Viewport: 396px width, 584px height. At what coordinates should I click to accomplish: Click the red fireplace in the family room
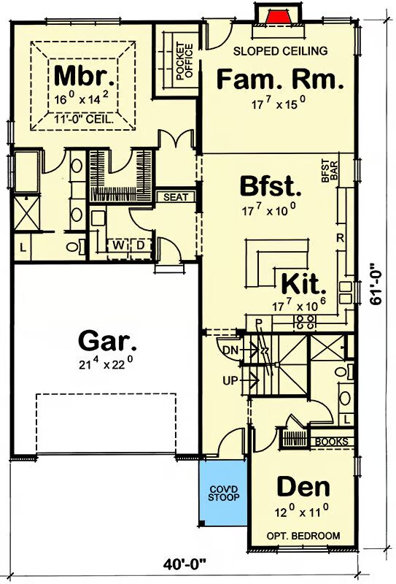(x=279, y=18)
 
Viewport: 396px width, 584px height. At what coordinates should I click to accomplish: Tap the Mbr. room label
(x=84, y=76)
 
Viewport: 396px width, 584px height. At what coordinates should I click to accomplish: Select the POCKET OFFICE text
(x=185, y=61)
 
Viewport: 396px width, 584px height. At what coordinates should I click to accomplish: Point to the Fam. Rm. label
(x=280, y=80)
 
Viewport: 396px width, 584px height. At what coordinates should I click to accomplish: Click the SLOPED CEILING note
(x=280, y=50)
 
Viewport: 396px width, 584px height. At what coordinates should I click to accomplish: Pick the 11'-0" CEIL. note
(x=84, y=120)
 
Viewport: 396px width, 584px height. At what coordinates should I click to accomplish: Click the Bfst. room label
(x=271, y=186)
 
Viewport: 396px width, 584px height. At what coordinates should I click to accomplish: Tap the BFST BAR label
(x=330, y=171)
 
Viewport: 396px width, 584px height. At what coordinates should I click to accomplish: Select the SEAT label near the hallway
(x=176, y=196)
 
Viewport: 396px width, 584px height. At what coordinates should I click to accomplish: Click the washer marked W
(x=118, y=245)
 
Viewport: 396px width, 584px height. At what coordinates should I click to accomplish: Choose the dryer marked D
(x=140, y=245)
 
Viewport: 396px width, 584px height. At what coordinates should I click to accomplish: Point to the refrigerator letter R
(x=340, y=238)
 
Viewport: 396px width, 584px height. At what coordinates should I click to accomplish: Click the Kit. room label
(x=303, y=284)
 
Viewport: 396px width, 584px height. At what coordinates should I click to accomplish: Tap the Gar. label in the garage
(x=107, y=341)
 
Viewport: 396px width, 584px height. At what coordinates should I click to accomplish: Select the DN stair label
(x=230, y=350)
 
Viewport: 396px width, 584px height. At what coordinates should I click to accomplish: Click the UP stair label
(x=230, y=380)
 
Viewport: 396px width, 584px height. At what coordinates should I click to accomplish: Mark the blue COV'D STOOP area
(x=223, y=493)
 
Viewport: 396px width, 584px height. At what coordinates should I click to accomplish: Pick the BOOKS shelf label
(x=332, y=442)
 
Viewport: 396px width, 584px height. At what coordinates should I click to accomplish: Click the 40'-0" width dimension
(x=185, y=564)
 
